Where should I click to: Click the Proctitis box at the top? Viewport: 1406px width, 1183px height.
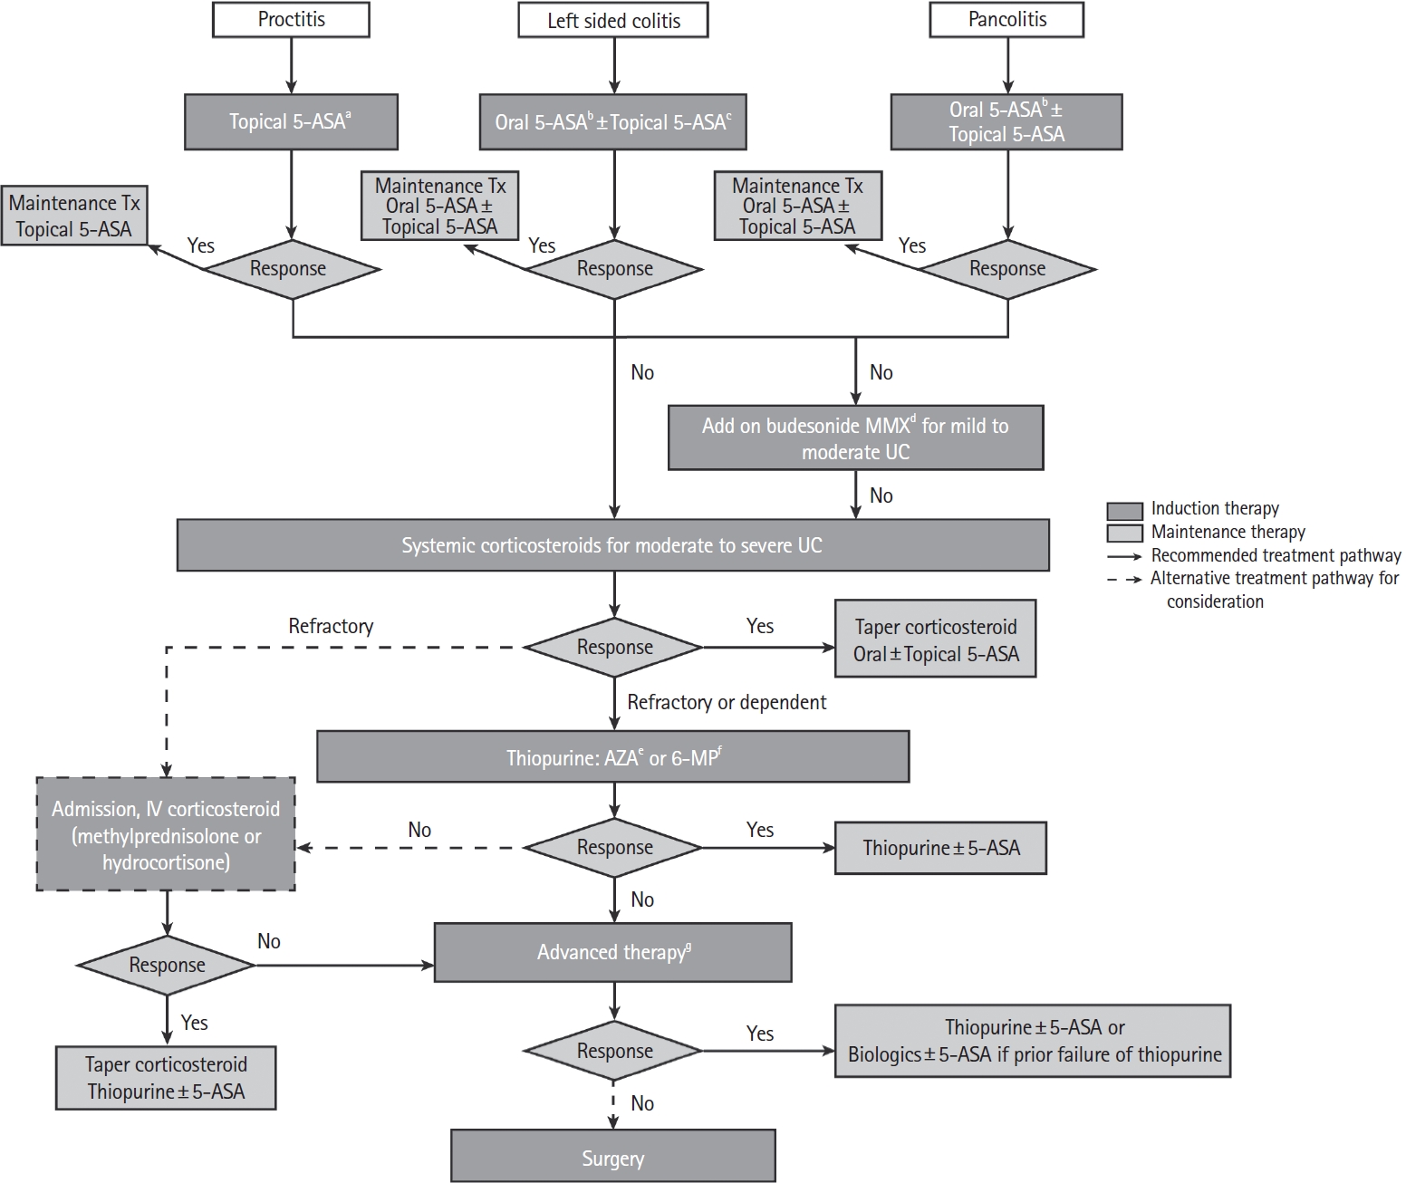pyautogui.click(x=291, y=20)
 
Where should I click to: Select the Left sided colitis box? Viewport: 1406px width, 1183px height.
pyautogui.click(x=613, y=20)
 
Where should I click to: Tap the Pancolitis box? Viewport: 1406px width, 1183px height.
pyautogui.click(x=1006, y=20)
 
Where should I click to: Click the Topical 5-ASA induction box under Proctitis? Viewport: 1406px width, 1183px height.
pyautogui.click(x=291, y=122)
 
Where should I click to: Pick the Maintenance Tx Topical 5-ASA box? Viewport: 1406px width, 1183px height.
pyautogui.click(x=74, y=216)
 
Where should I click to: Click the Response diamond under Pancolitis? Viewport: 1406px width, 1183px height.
pyautogui.click(x=1007, y=269)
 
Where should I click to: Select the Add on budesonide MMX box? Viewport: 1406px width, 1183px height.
pyautogui.click(x=856, y=438)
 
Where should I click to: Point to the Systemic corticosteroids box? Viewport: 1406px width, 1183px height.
pyautogui.click(x=612, y=544)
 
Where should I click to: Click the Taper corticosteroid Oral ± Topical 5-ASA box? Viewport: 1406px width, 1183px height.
pyautogui.click(x=935, y=639)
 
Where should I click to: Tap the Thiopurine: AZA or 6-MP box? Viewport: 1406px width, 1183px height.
pyautogui.click(x=612, y=756)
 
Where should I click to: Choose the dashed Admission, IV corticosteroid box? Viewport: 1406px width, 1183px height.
pyautogui.click(x=166, y=835)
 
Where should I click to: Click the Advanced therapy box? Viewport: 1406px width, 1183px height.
pyautogui.click(x=612, y=952)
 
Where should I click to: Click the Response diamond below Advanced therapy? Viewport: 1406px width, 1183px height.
pyautogui.click(x=613, y=1051)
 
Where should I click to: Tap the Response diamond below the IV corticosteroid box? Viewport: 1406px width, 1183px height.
pyautogui.click(x=167, y=965)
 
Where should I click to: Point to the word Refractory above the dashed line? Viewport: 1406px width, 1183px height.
pyautogui.click(x=331, y=626)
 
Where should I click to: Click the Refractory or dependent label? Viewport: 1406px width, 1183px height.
pyautogui.click(x=727, y=702)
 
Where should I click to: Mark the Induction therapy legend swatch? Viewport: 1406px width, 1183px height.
pyautogui.click(x=1124, y=510)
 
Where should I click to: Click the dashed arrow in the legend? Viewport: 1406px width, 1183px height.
pyautogui.click(x=1124, y=579)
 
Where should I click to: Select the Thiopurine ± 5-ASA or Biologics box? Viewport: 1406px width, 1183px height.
pyautogui.click(x=1033, y=1041)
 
